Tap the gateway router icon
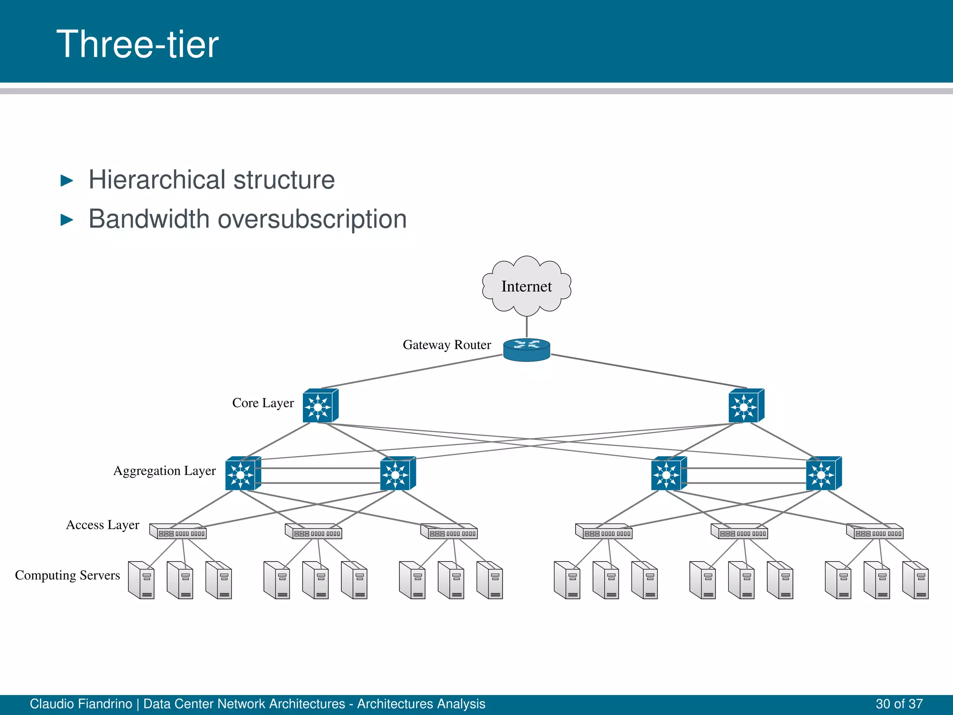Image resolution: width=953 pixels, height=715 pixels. click(x=526, y=350)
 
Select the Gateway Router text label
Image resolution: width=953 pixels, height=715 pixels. click(x=447, y=345)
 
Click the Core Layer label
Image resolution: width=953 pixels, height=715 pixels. click(x=263, y=403)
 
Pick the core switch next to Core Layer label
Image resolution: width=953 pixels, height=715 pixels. click(x=320, y=406)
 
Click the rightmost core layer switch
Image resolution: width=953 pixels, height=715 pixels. click(x=746, y=406)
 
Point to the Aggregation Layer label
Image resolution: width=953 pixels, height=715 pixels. click(x=164, y=471)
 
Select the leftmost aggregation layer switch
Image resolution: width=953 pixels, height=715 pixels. click(x=242, y=473)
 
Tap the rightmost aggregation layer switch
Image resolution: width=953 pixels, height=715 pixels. click(x=823, y=473)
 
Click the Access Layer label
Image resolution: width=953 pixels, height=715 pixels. click(x=102, y=525)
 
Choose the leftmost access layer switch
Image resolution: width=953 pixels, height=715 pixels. click(x=178, y=532)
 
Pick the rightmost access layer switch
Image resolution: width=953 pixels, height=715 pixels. click(x=875, y=532)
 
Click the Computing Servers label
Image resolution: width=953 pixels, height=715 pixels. click(x=67, y=575)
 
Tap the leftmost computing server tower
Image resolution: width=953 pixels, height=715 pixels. click(x=141, y=580)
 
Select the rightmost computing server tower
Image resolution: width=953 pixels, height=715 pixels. click(x=915, y=580)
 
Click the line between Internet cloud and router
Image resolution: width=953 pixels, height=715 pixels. click(x=526, y=326)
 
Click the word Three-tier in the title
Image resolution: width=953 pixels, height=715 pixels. click(x=137, y=44)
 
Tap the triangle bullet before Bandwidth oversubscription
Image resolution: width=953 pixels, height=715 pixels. click(x=67, y=220)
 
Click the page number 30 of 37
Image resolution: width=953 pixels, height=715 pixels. click(x=899, y=704)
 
